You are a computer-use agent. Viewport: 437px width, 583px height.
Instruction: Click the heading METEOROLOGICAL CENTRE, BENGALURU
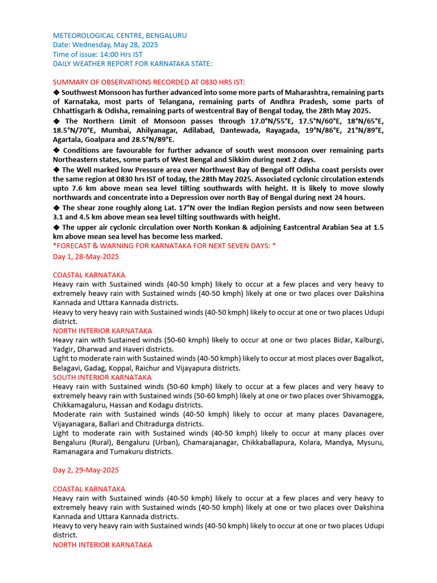click(x=119, y=35)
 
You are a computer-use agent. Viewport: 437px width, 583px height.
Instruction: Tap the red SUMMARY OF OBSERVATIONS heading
click(x=149, y=82)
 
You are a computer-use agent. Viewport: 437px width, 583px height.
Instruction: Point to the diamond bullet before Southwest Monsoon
click(x=56, y=92)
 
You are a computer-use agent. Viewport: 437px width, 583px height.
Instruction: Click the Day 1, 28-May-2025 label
click(x=86, y=256)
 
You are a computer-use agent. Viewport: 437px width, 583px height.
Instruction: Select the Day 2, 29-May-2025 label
click(x=86, y=470)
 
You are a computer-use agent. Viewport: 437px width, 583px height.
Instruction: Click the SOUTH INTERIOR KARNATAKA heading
click(x=102, y=377)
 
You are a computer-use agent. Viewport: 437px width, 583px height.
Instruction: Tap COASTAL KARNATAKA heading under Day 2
click(x=89, y=488)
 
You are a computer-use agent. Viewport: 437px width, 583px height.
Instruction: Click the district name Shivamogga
click(x=363, y=396)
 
